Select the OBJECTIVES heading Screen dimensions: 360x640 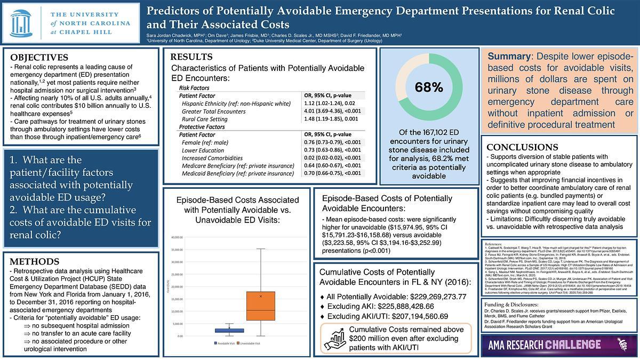tap(39, 58)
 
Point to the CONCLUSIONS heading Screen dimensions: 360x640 tap(522, 147)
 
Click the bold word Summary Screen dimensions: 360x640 tap(510, 56)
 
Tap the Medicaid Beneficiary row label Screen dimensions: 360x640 tap(237, 173)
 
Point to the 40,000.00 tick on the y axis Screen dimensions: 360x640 tap(191, 237)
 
